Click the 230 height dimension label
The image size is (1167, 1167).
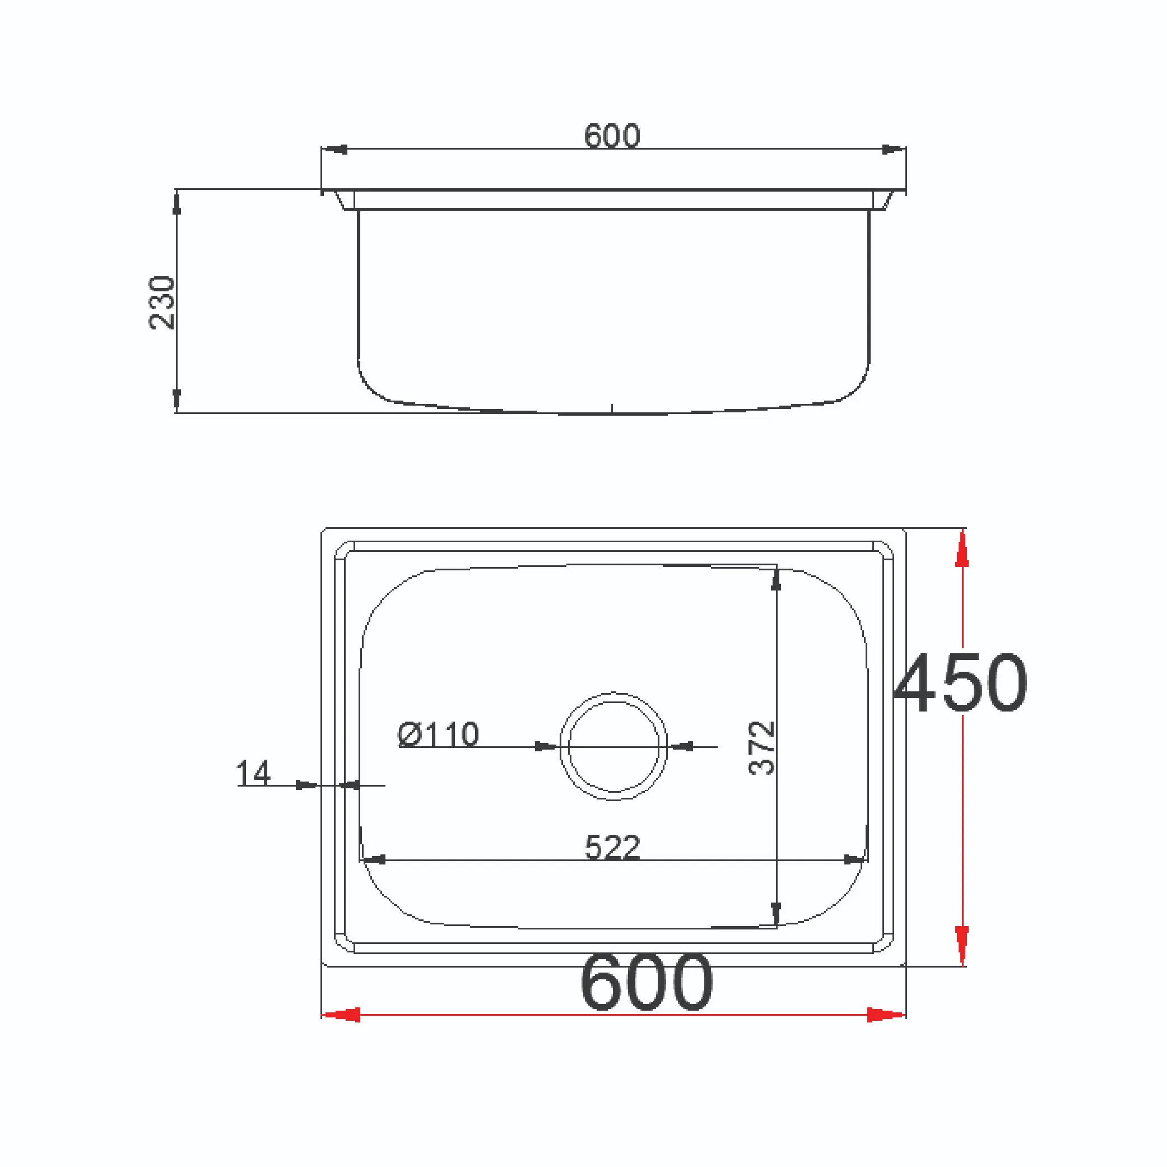coord(162,303)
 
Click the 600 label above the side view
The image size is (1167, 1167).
coord(612,136)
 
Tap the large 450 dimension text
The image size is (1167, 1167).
coord(960,682)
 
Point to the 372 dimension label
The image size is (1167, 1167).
coord(762,748)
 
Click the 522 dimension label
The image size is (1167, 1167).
coord(612,848)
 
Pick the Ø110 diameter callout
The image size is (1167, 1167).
coord(439,734)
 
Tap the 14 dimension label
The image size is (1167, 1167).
coord(253,774)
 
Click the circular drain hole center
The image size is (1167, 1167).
coord(613,747)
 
